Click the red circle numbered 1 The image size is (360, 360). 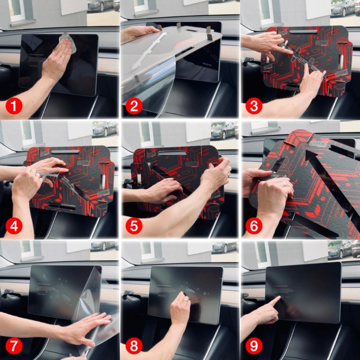[14, 107]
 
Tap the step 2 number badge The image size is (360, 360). [134, 107]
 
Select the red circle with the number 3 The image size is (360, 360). [254, 107]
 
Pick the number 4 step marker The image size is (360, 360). [14, 226]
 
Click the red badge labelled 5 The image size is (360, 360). [134, 226]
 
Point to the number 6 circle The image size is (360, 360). [254, 226]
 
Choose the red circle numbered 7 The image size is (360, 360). [14, 346]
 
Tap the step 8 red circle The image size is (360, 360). [134, 346]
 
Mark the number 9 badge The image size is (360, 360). [254, 346]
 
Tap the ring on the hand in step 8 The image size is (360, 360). [185, 299]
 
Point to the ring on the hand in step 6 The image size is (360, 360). [284, 184]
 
